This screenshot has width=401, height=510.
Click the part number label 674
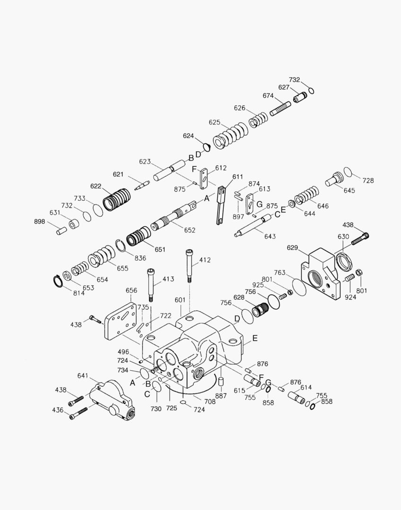[268, 96]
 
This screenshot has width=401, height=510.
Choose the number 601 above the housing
[180, 300]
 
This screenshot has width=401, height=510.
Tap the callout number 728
[368, 180]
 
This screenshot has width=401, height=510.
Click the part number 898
[40, 222]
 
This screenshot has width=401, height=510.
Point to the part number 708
[209, 401]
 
